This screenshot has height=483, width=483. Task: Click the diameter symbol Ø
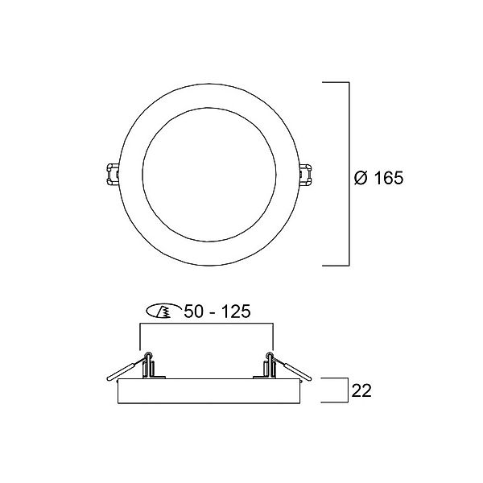pyautogui.click(x=361, y=178)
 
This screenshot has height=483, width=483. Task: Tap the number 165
pyautogui.click(x=388, y=178)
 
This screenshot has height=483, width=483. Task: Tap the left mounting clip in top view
pyautogui.click(x=110, y=173)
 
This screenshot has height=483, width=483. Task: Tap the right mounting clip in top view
pyautogui.click(x=308, y=173)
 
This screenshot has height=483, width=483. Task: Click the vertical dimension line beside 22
pyautogui.click(x=347, y=390)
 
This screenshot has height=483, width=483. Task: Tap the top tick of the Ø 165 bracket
pyautogui.click(x=335, y=82)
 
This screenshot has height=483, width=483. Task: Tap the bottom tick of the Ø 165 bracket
pyautogui.click(x=335, y=265)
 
